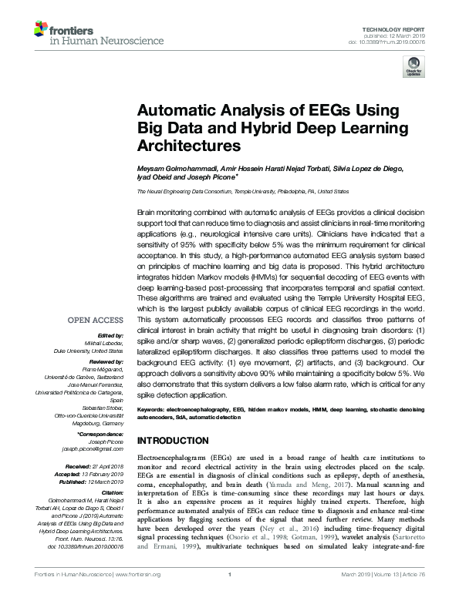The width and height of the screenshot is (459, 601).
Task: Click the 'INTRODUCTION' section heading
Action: coord(174,441)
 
